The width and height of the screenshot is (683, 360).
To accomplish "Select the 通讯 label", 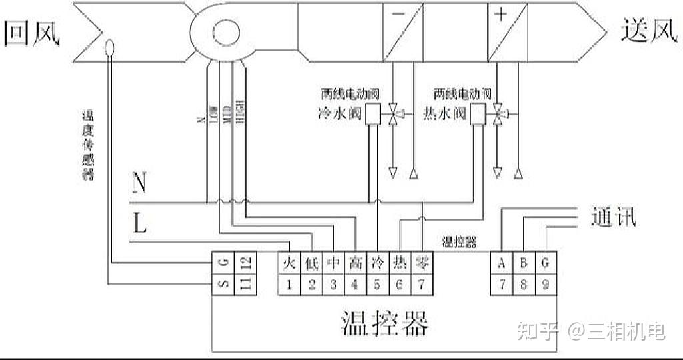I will click(613, 217).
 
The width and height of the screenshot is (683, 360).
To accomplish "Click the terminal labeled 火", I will click(289, 262).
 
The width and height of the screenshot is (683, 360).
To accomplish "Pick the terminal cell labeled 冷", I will click(377, 262).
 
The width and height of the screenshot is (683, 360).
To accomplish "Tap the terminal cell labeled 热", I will click(400, 262).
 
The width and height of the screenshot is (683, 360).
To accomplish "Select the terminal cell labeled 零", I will click(422, 262).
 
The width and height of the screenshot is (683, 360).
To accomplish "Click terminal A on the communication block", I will click(501, 262).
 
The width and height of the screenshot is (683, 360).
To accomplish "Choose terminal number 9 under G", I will click(545, 285).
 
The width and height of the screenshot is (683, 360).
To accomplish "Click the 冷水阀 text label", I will click(337, 114).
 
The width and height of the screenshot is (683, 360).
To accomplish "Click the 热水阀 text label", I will click(444, 114).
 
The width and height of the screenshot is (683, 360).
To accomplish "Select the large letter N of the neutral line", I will click(139, 182).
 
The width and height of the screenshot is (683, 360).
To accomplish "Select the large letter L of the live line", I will click(139, 224).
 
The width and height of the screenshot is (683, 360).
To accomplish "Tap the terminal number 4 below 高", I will click(355, 285).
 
